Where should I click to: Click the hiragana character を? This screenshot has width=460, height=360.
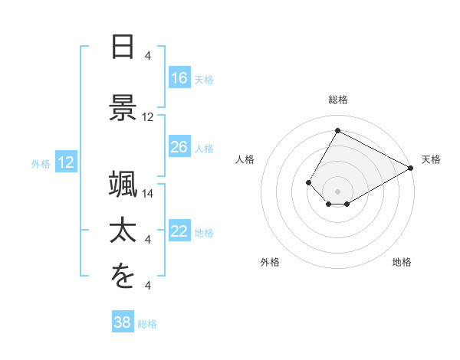[123, 277]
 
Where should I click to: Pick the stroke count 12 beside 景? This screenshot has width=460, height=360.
[148, 117]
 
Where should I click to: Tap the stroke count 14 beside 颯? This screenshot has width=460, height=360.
[148, 194]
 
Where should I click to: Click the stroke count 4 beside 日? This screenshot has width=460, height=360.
[148, 56]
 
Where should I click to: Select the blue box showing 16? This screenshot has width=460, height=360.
[179, 78]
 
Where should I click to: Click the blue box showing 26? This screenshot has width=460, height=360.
[179, 147]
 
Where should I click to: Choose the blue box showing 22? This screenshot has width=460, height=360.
[179, 231]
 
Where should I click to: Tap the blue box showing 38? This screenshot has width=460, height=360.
[123, 322]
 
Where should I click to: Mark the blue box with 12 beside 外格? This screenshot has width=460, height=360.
[66, 162]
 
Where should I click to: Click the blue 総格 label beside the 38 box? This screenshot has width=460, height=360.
[147, 324]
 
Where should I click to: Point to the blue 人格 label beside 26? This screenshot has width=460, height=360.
[204, 148]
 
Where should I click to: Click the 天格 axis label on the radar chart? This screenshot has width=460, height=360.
[431, 159]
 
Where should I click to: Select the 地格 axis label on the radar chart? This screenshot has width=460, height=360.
[402, 262]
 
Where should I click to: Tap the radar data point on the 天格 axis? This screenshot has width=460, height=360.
[411, 168]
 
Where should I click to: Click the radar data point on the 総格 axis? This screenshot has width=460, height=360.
[337, 130]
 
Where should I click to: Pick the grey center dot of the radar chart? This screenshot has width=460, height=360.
[337, 191]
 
